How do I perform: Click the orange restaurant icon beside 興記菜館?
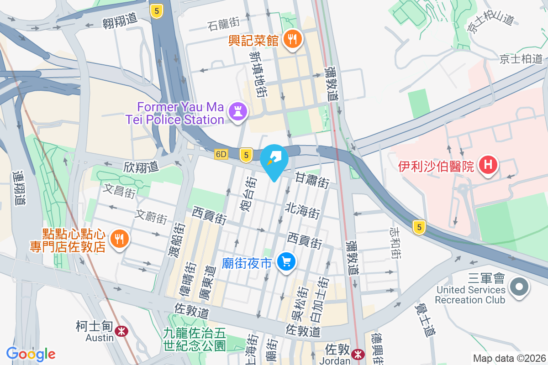pyautogui.click(x=290, y=40)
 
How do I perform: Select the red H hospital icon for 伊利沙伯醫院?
pyautogui.click(x=488, y=164)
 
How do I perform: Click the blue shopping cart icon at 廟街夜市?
pyautogui.click(x=286, y=262)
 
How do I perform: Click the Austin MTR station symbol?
pyautogui.click(x=121, y=331)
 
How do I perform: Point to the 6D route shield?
pyautogui.click(x=221, y=155)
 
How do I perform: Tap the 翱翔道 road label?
pyautogui.click(x=120, y=20)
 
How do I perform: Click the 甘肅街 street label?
pyautogui.click(x=312, y=180)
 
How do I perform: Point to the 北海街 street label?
pyautogui.click(x=302, y=210)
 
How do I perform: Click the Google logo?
pyautogui.click(x=31, y=354)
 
